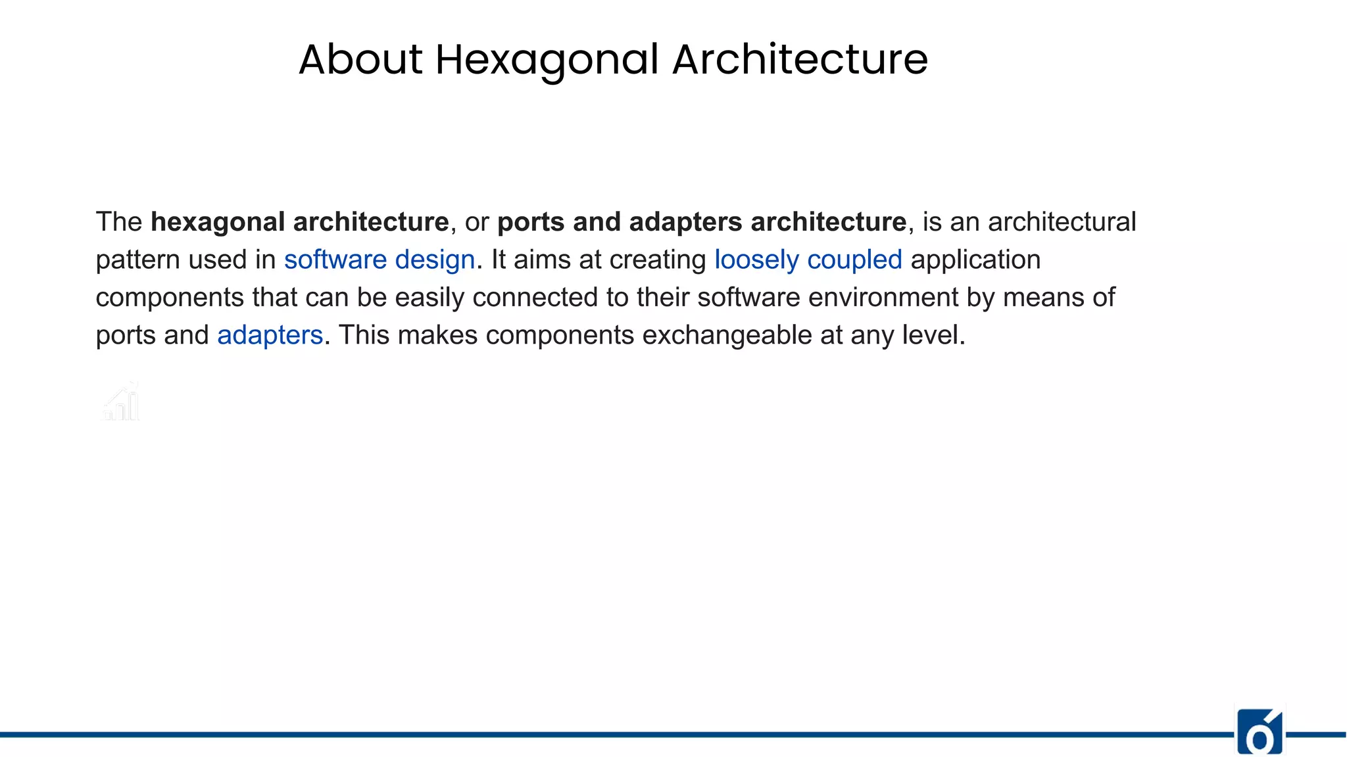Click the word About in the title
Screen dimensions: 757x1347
click(360, 60)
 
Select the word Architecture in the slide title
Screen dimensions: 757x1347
click(800, 60)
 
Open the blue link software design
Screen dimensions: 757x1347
click(379, 260)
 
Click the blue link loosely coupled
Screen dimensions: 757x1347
click(808, 260)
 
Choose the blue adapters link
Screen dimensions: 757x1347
click(270, 335)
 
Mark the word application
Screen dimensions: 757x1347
click(975, 260)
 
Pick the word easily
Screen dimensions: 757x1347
click(429, 298)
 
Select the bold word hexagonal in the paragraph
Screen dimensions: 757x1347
click(218, 223)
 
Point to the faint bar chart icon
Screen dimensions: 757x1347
click(121, 401)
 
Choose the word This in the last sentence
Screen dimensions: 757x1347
click(364, 335)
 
